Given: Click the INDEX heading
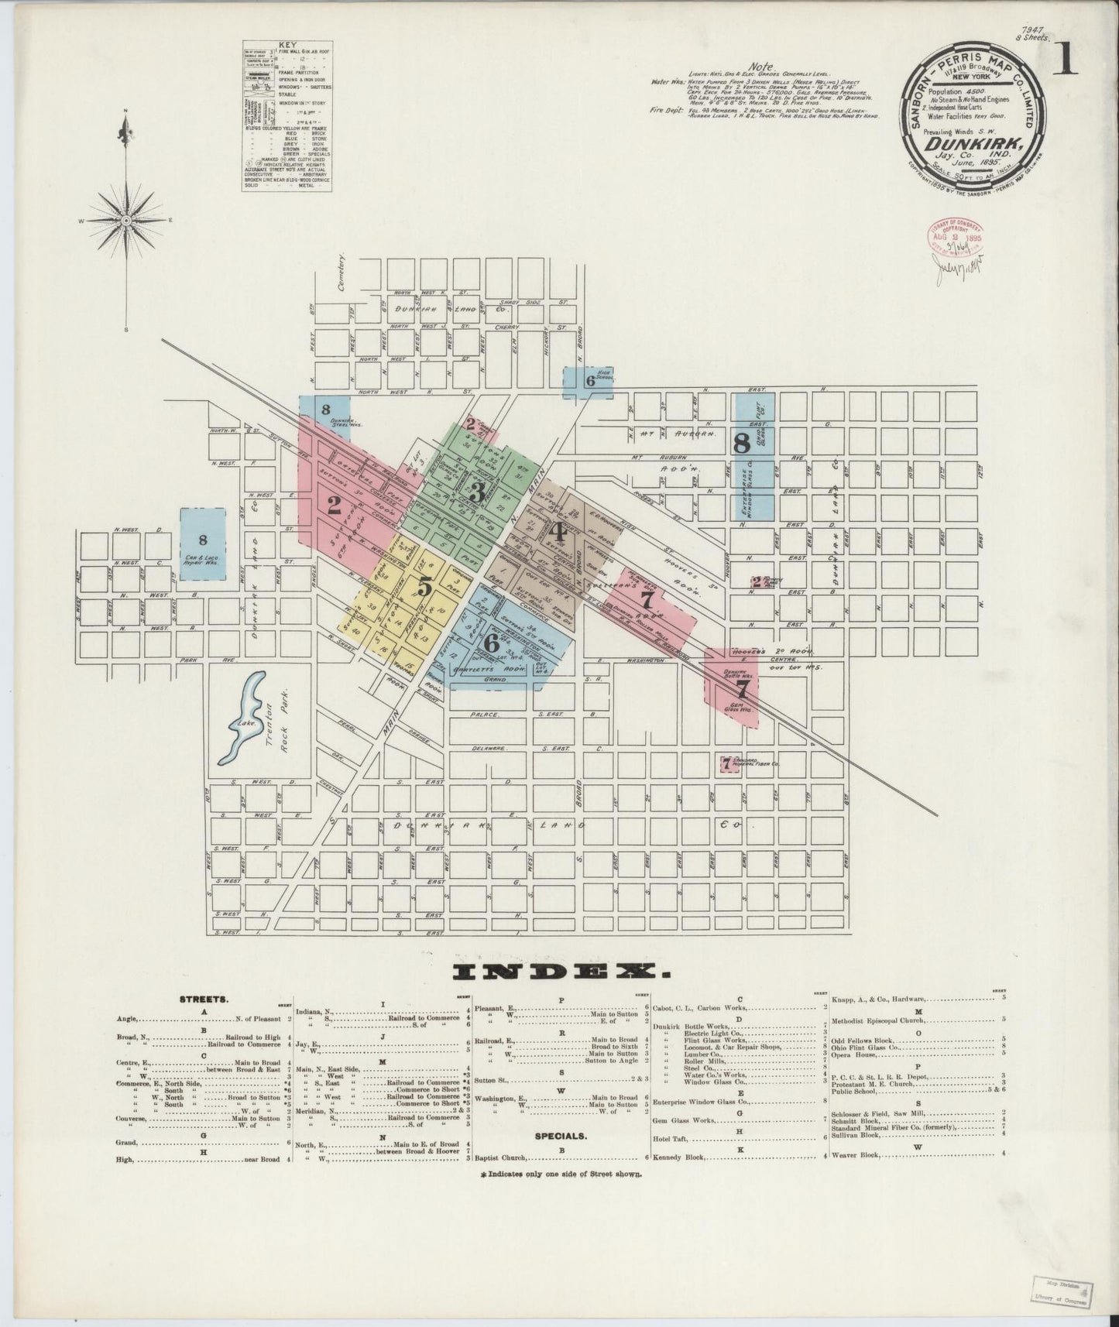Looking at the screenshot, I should (x=558, y=971).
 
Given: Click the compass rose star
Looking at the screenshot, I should (x=126, y=221).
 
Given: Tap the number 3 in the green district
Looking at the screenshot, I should (x=478, y=492).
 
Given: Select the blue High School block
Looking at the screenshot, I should (x=588, y=382).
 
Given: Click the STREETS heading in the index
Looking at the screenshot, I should (x=204, y=999).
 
